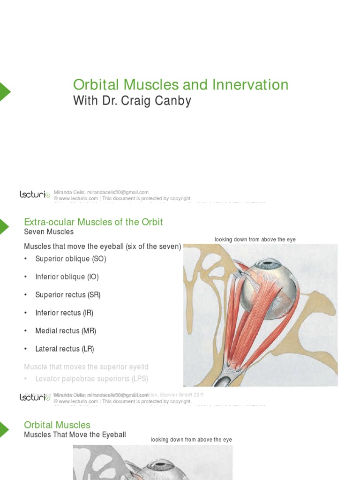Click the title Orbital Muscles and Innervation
180,85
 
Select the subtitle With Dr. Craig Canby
132,101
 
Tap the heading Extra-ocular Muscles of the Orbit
93,222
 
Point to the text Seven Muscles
49,232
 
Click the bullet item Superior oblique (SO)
70,259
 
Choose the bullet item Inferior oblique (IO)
67,277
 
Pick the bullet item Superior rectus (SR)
67,295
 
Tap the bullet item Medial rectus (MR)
65,330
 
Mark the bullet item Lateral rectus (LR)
64,349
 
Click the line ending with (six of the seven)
102,246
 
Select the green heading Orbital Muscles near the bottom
57,425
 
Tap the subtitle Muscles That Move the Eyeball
75,435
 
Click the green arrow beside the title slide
4,91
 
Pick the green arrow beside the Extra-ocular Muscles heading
4,226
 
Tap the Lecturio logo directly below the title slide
35,194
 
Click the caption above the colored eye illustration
255,240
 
